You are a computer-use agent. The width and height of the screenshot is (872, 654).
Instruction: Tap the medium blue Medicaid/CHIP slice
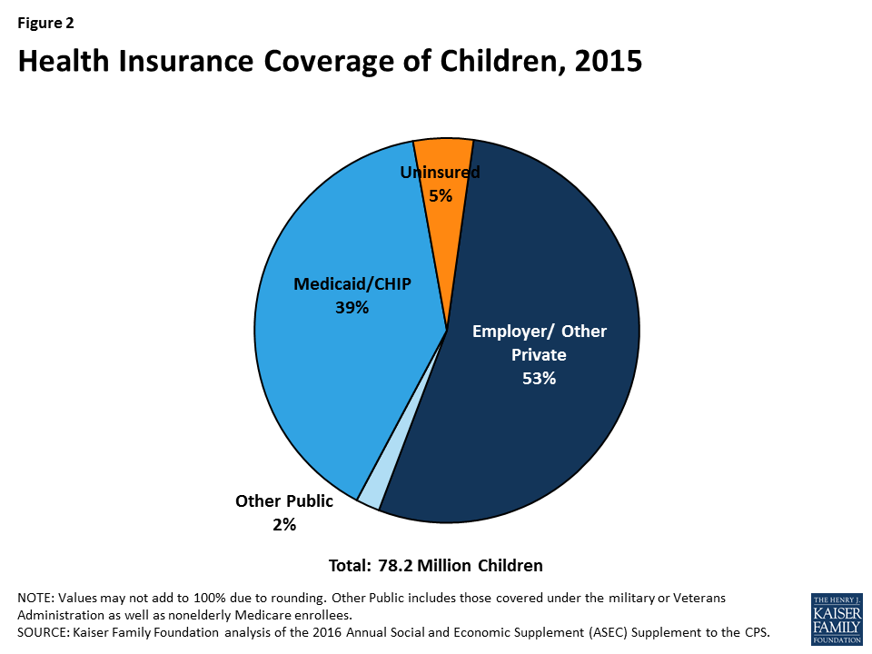coord(327,363)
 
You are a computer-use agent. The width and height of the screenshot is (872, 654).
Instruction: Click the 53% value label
coord(539,379)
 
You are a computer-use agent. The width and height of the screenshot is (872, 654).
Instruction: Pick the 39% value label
coord(352,308)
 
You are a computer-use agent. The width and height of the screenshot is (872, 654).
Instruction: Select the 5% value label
coord(441,194)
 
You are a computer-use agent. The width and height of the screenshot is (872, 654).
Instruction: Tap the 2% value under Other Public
coord(284,524)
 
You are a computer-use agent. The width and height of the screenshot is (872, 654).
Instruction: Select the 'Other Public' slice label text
coord(284,500)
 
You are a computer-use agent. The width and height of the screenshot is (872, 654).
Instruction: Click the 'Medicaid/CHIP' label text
coord(352,284)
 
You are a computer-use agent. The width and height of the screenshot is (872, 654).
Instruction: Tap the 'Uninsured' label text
coord(441,172)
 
